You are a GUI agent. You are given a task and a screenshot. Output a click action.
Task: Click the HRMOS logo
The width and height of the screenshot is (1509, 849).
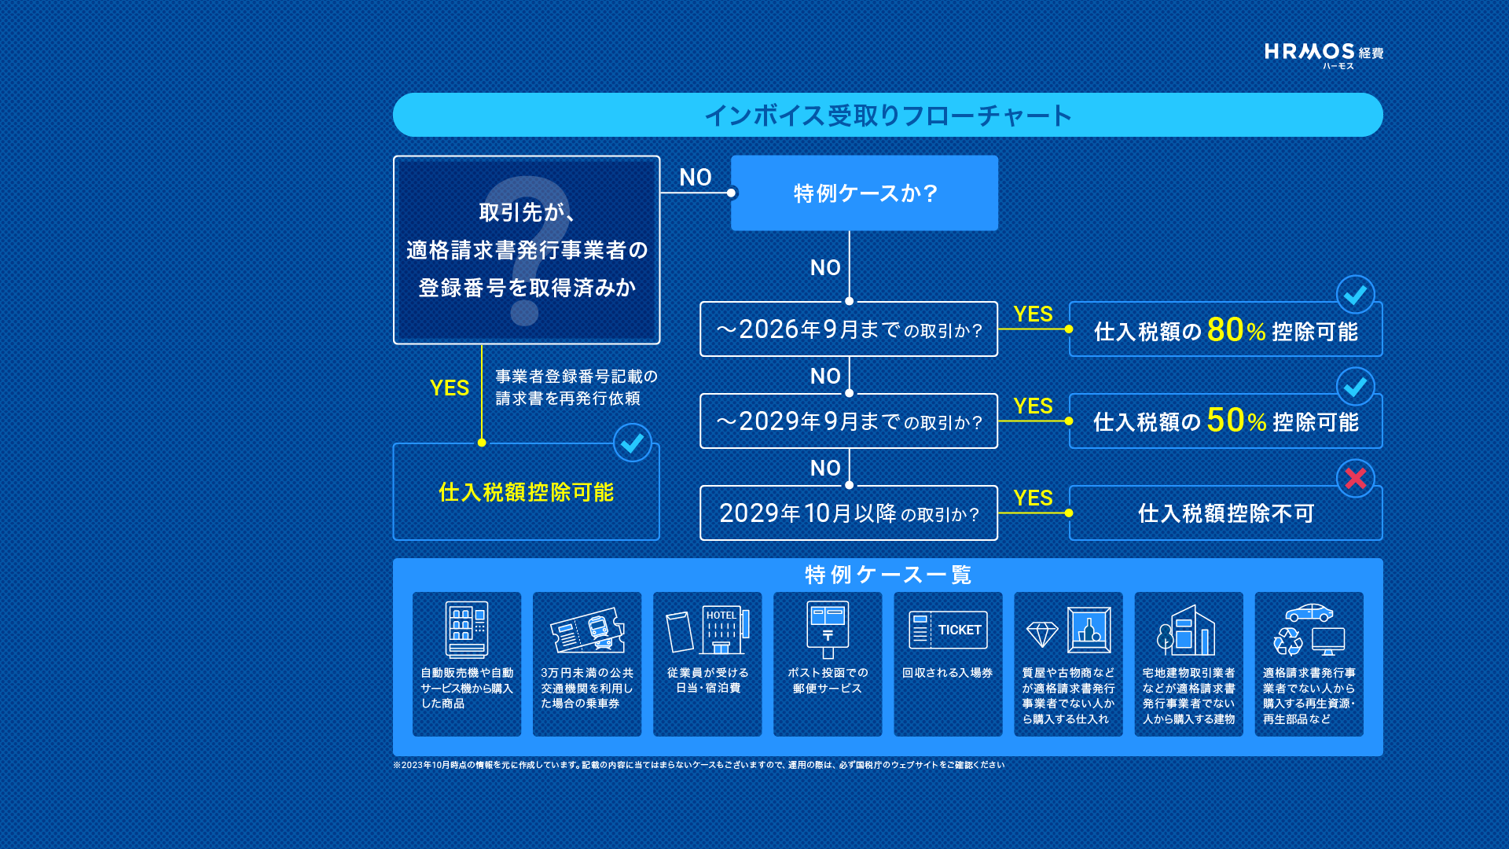1324,55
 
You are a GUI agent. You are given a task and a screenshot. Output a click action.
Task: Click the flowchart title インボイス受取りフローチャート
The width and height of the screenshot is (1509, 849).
887,116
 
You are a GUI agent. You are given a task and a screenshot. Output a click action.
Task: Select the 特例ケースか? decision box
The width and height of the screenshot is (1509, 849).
865,193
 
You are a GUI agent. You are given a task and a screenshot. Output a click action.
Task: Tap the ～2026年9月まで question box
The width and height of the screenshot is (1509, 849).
849,329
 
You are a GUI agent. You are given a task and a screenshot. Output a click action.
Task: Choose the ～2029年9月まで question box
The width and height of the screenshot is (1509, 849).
849,421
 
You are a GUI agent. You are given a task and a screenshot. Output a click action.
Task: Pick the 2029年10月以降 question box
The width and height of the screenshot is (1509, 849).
849,513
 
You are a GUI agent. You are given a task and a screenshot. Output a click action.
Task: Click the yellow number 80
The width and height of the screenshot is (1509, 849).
1225,330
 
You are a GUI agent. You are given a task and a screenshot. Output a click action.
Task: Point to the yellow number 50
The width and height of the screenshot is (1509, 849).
1225,421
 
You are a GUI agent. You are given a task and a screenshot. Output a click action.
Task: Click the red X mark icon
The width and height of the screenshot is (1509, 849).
1356,478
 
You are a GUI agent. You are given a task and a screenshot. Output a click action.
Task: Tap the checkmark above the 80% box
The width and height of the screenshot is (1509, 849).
1356,295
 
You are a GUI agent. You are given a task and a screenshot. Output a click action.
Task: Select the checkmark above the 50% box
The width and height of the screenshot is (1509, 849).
1356,387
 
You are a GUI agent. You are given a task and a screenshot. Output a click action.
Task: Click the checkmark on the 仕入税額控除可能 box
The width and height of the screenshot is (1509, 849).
633,443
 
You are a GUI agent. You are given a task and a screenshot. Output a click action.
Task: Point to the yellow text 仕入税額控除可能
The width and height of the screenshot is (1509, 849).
526,492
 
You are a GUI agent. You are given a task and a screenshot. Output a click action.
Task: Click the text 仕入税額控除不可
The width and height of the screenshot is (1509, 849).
1226,513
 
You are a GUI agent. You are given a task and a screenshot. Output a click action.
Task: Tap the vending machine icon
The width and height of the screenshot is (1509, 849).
467,629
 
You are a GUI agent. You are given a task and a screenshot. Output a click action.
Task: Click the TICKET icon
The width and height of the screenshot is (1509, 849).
948,630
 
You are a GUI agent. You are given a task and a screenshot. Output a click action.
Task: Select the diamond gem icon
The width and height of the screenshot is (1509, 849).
1042,634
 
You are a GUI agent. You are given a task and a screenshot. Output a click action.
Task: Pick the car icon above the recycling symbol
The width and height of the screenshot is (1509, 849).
1309,612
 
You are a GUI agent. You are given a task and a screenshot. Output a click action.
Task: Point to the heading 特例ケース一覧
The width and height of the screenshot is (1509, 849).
888,575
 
